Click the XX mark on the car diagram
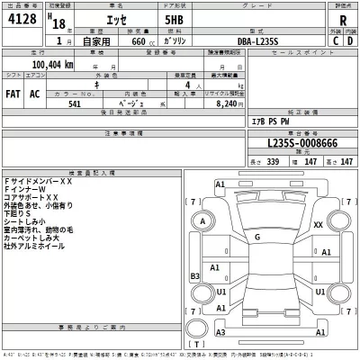click(318, 225)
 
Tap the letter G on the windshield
click(257, 236)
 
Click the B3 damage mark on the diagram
click(194, 276)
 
